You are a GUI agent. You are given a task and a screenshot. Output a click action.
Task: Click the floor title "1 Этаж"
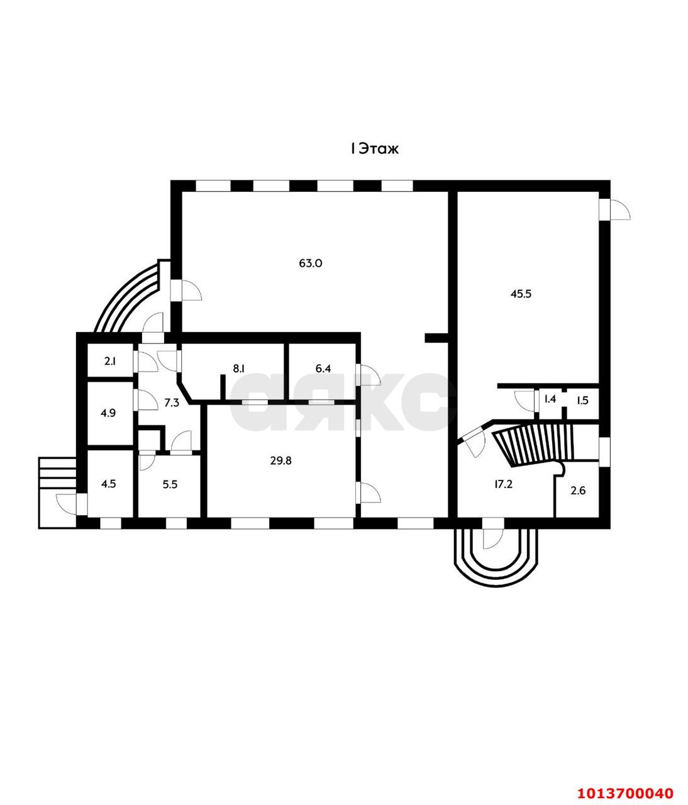coord(375,149)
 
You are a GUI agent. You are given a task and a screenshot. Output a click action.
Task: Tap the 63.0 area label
coord(310,264)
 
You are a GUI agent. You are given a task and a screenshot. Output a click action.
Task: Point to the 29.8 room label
coord(280,460)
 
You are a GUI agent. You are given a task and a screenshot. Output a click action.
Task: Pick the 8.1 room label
coord(238,369)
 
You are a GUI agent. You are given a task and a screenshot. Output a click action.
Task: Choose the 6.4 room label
coord(323,369)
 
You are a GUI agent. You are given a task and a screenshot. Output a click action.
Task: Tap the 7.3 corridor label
coord(172,403)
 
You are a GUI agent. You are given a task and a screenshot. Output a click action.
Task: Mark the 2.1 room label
coord(110,361)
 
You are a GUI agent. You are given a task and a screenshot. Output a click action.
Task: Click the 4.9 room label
coord(109,414)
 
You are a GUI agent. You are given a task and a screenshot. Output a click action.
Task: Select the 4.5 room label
coord(109,484)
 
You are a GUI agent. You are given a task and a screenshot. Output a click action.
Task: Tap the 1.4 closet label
coord(550,399)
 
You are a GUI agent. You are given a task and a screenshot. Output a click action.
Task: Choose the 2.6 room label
coord(577,491)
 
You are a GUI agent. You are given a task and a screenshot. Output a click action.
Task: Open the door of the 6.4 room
coord(368,375)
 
